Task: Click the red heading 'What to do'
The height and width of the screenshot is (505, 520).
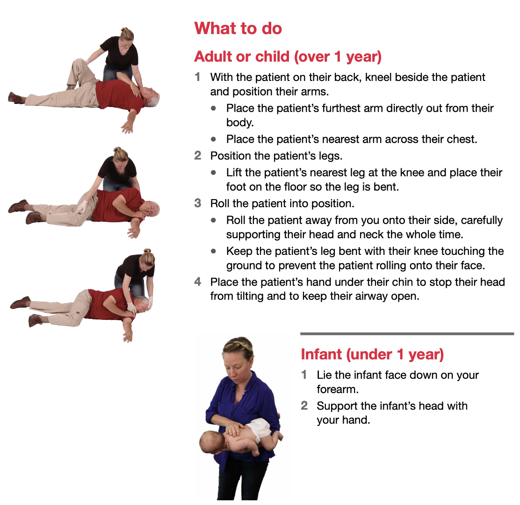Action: [x=238, y=28]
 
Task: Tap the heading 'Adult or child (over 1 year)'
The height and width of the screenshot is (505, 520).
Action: [x=288, y=57]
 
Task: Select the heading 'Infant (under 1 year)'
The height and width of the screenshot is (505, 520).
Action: [x=372, y=354]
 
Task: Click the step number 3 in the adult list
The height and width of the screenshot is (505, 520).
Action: [x=198, y=203]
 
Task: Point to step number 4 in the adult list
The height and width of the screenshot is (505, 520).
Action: [x=198, y=281]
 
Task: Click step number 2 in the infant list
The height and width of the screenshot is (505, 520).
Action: [x=304, y=405]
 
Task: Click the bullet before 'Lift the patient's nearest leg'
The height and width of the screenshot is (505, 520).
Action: [x=213, y=173]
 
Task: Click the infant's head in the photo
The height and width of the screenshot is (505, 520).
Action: [x=211, y=443]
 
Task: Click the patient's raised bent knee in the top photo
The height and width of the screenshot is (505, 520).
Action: [x=79, y=63]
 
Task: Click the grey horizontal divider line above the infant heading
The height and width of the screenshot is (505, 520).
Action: [x=407, y=333]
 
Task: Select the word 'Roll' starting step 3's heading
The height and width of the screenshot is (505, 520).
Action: [x=220, y=203]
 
